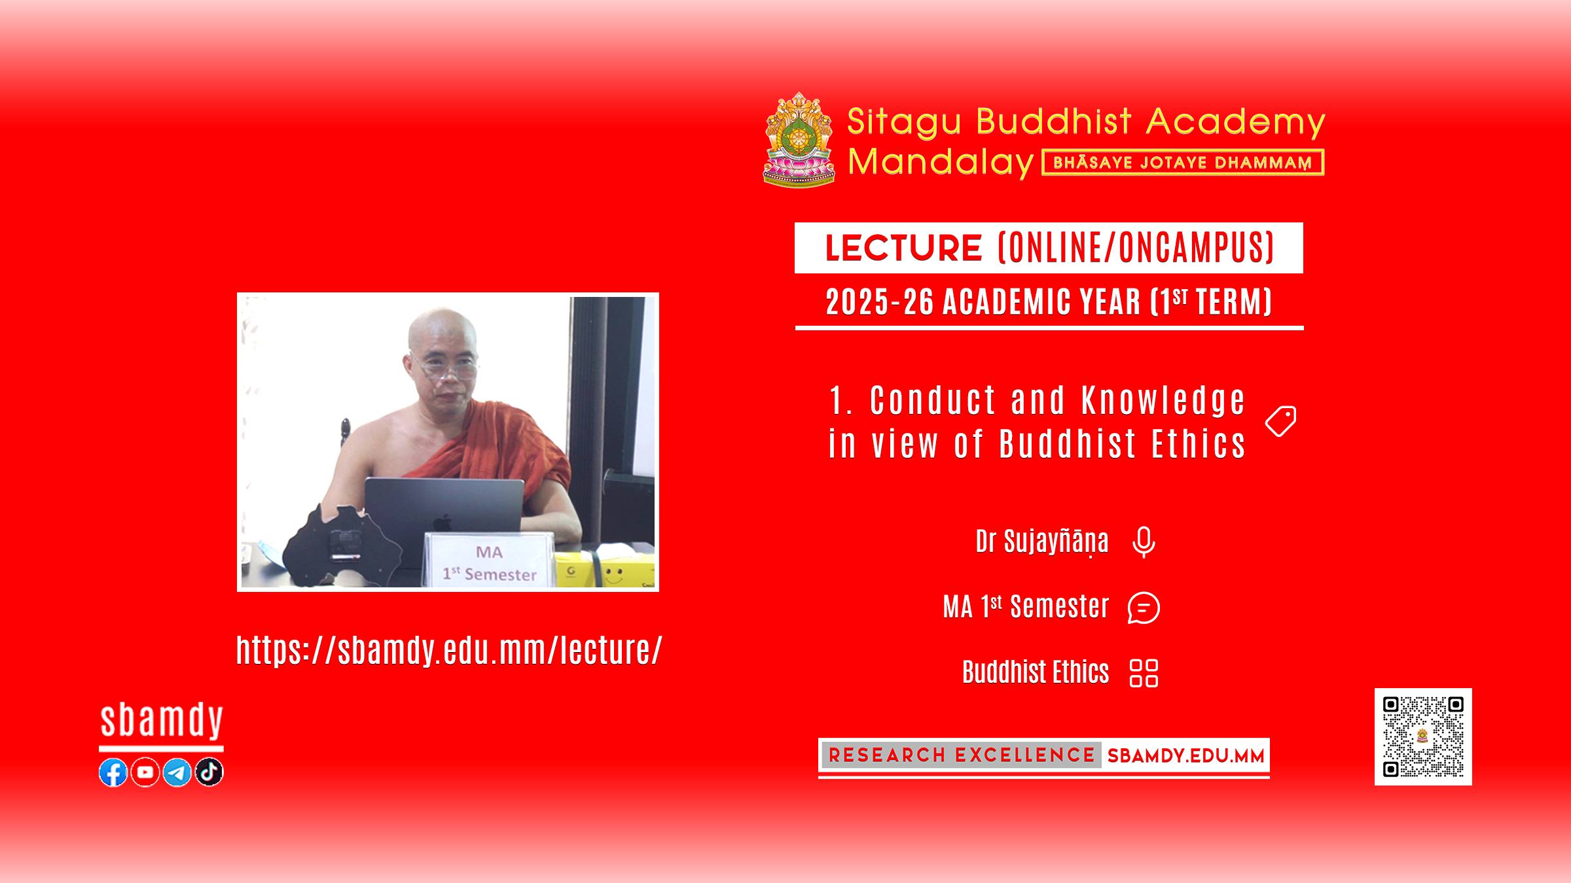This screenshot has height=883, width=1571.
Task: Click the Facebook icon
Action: click(113, 772)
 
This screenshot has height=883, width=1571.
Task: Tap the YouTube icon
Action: click(145, 772)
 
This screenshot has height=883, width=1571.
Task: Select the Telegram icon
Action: click(177, 772)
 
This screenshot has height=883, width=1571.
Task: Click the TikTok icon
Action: click(209, 772)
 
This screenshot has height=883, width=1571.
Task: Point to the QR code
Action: click(1423, 736)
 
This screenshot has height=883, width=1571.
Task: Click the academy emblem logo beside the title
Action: click(799, 139)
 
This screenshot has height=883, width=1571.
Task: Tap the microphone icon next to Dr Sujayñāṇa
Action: click(1144, 542)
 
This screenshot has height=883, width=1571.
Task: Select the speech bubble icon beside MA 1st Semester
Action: click(1144, 608)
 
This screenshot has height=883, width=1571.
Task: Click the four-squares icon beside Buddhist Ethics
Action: click(1144, 673)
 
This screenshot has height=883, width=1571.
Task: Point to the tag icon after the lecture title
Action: click(1280, 421)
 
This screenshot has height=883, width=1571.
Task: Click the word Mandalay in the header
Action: click(941, 162)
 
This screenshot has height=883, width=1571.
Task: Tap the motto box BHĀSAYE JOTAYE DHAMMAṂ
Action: click(1183, 162)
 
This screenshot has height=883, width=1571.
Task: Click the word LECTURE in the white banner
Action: click(903, 248)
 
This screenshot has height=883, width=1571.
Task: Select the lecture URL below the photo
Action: click(449, 649)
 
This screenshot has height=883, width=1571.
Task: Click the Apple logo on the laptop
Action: click(443, 523)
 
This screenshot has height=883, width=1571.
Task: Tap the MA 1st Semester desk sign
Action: click(489, 561)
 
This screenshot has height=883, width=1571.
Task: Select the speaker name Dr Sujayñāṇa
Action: click(1042, 542)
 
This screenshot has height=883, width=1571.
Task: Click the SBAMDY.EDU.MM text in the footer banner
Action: click(1185, 756)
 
